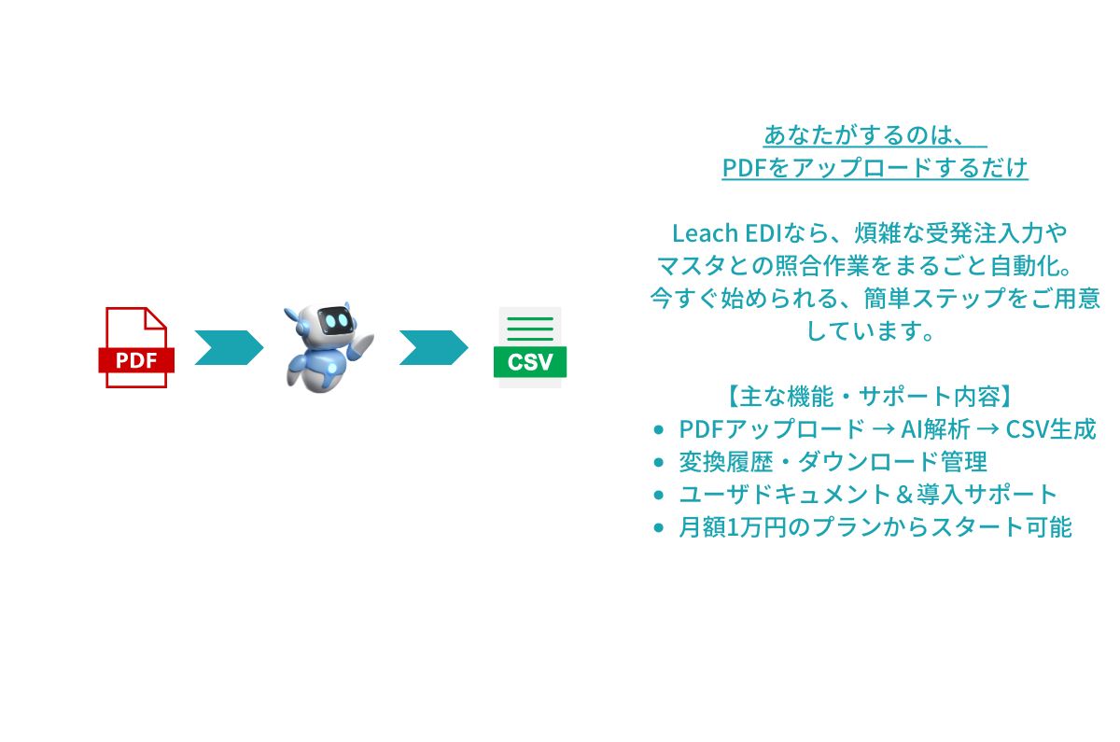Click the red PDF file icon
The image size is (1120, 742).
tap(136, 347)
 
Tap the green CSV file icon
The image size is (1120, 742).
tap(529, 347)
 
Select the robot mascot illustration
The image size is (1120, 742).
tap(327, 345)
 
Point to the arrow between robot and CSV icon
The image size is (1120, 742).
tap(432, 347)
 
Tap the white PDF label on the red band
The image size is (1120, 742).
tap(136, 360)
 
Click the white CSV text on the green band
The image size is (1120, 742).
tap(529, 361)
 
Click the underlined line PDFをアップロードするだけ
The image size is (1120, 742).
tap(875, 169)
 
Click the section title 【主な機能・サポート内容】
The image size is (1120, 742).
tap(869, 396)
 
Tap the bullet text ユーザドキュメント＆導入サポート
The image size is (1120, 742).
tap(868, 495)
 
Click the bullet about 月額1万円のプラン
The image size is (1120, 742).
tap(875, 527)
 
